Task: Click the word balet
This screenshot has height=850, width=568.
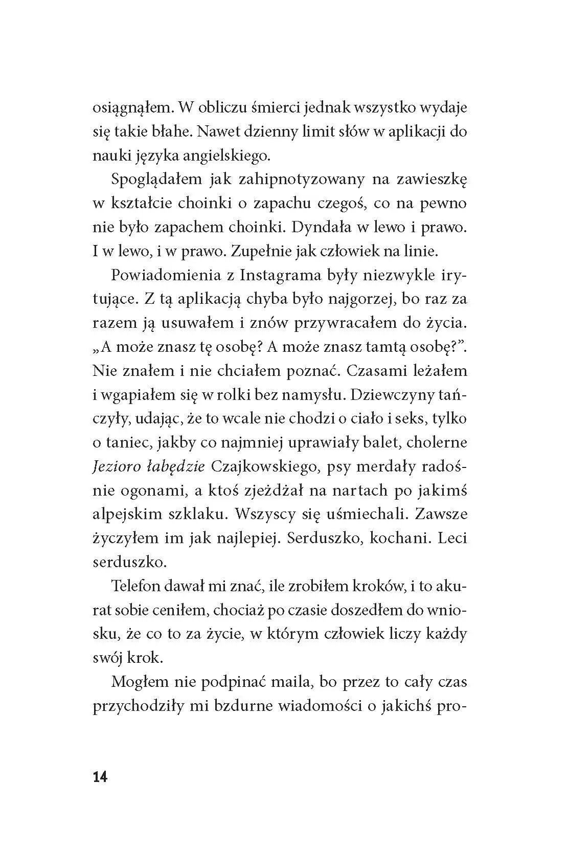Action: click(385, 442)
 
